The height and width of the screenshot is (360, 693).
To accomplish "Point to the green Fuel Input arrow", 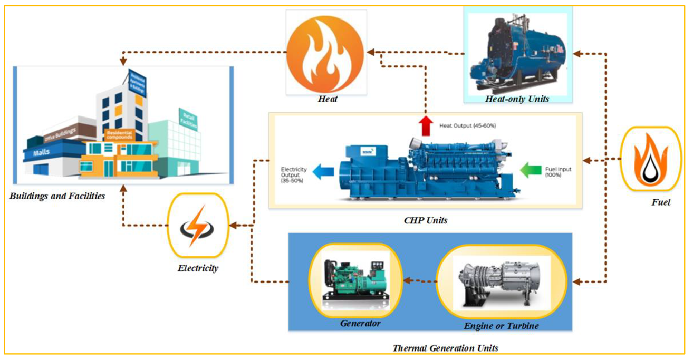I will click(x=530, y=170).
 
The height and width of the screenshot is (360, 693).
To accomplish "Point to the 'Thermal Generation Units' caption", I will click(x=445, y=348).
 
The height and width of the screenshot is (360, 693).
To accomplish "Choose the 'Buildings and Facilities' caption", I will click(x=57, y=196).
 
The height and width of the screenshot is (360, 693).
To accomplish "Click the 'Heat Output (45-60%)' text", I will click(x=467, y=126).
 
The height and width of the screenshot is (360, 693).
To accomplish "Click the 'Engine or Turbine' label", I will click(x=501, y=326).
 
